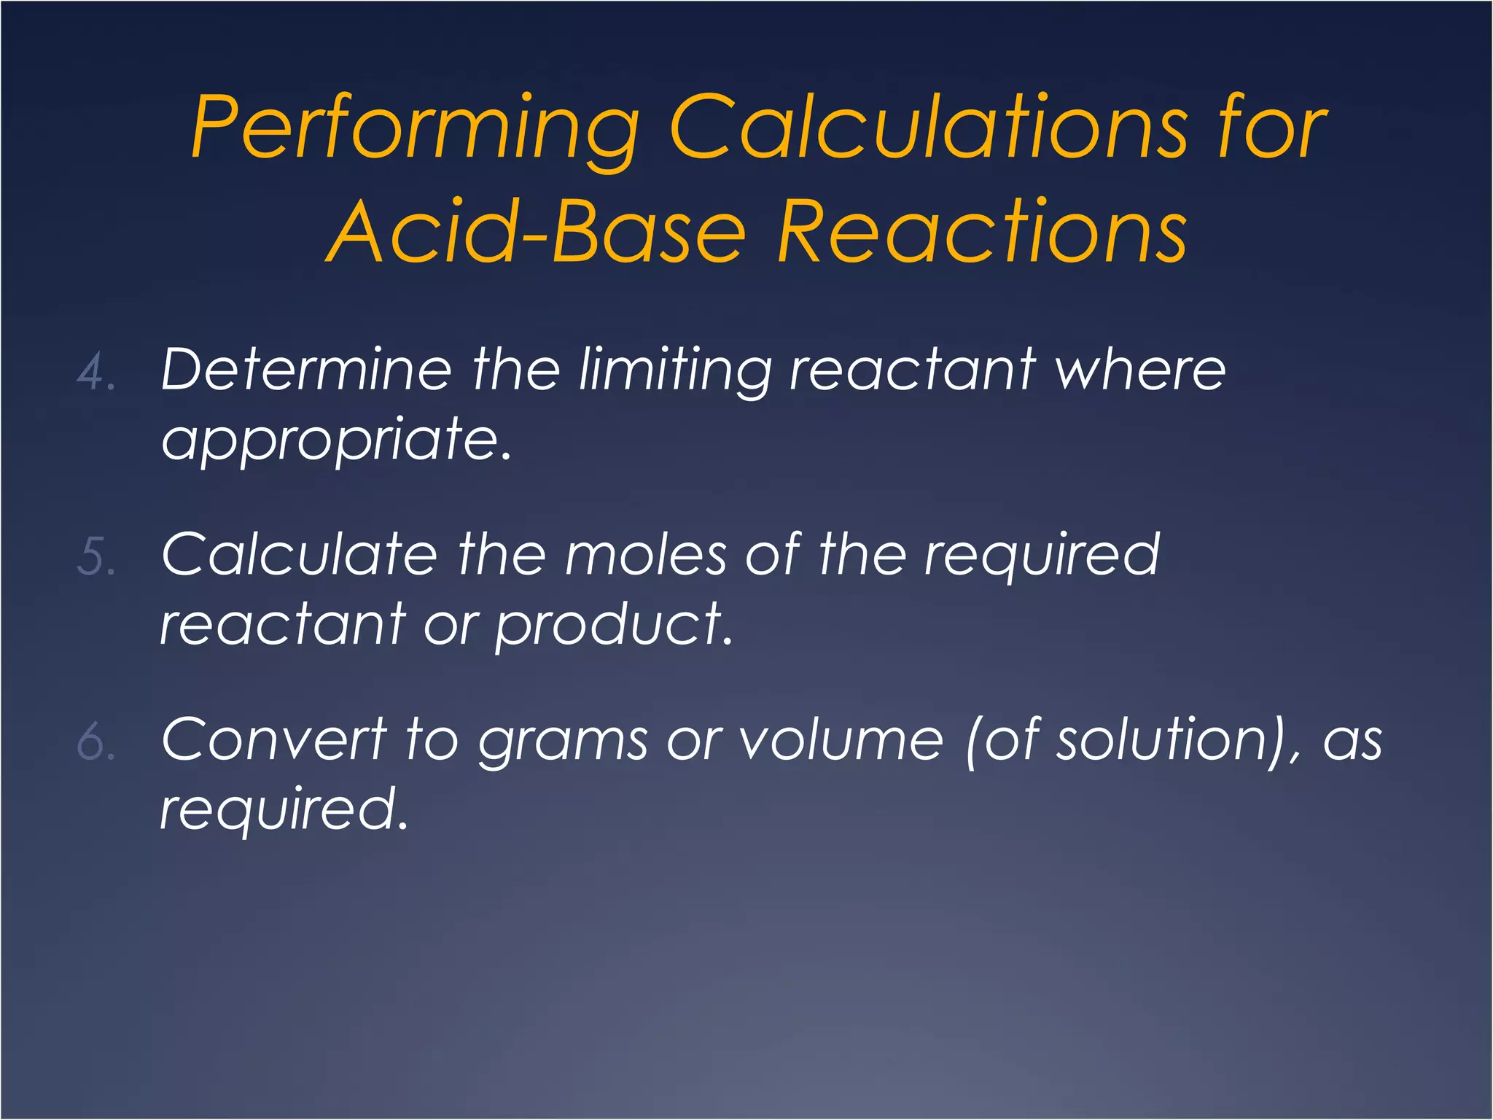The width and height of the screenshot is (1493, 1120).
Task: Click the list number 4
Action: coord(95,372)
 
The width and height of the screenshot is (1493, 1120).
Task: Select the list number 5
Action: coord(95,557)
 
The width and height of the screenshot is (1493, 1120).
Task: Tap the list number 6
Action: coord(95,742)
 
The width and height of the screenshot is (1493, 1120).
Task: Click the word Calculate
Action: coord(300,554)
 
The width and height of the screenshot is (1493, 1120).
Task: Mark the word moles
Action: coord(646,554)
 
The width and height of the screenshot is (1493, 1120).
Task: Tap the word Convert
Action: coord(274,739)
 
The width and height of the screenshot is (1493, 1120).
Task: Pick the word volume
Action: coord(841,739)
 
